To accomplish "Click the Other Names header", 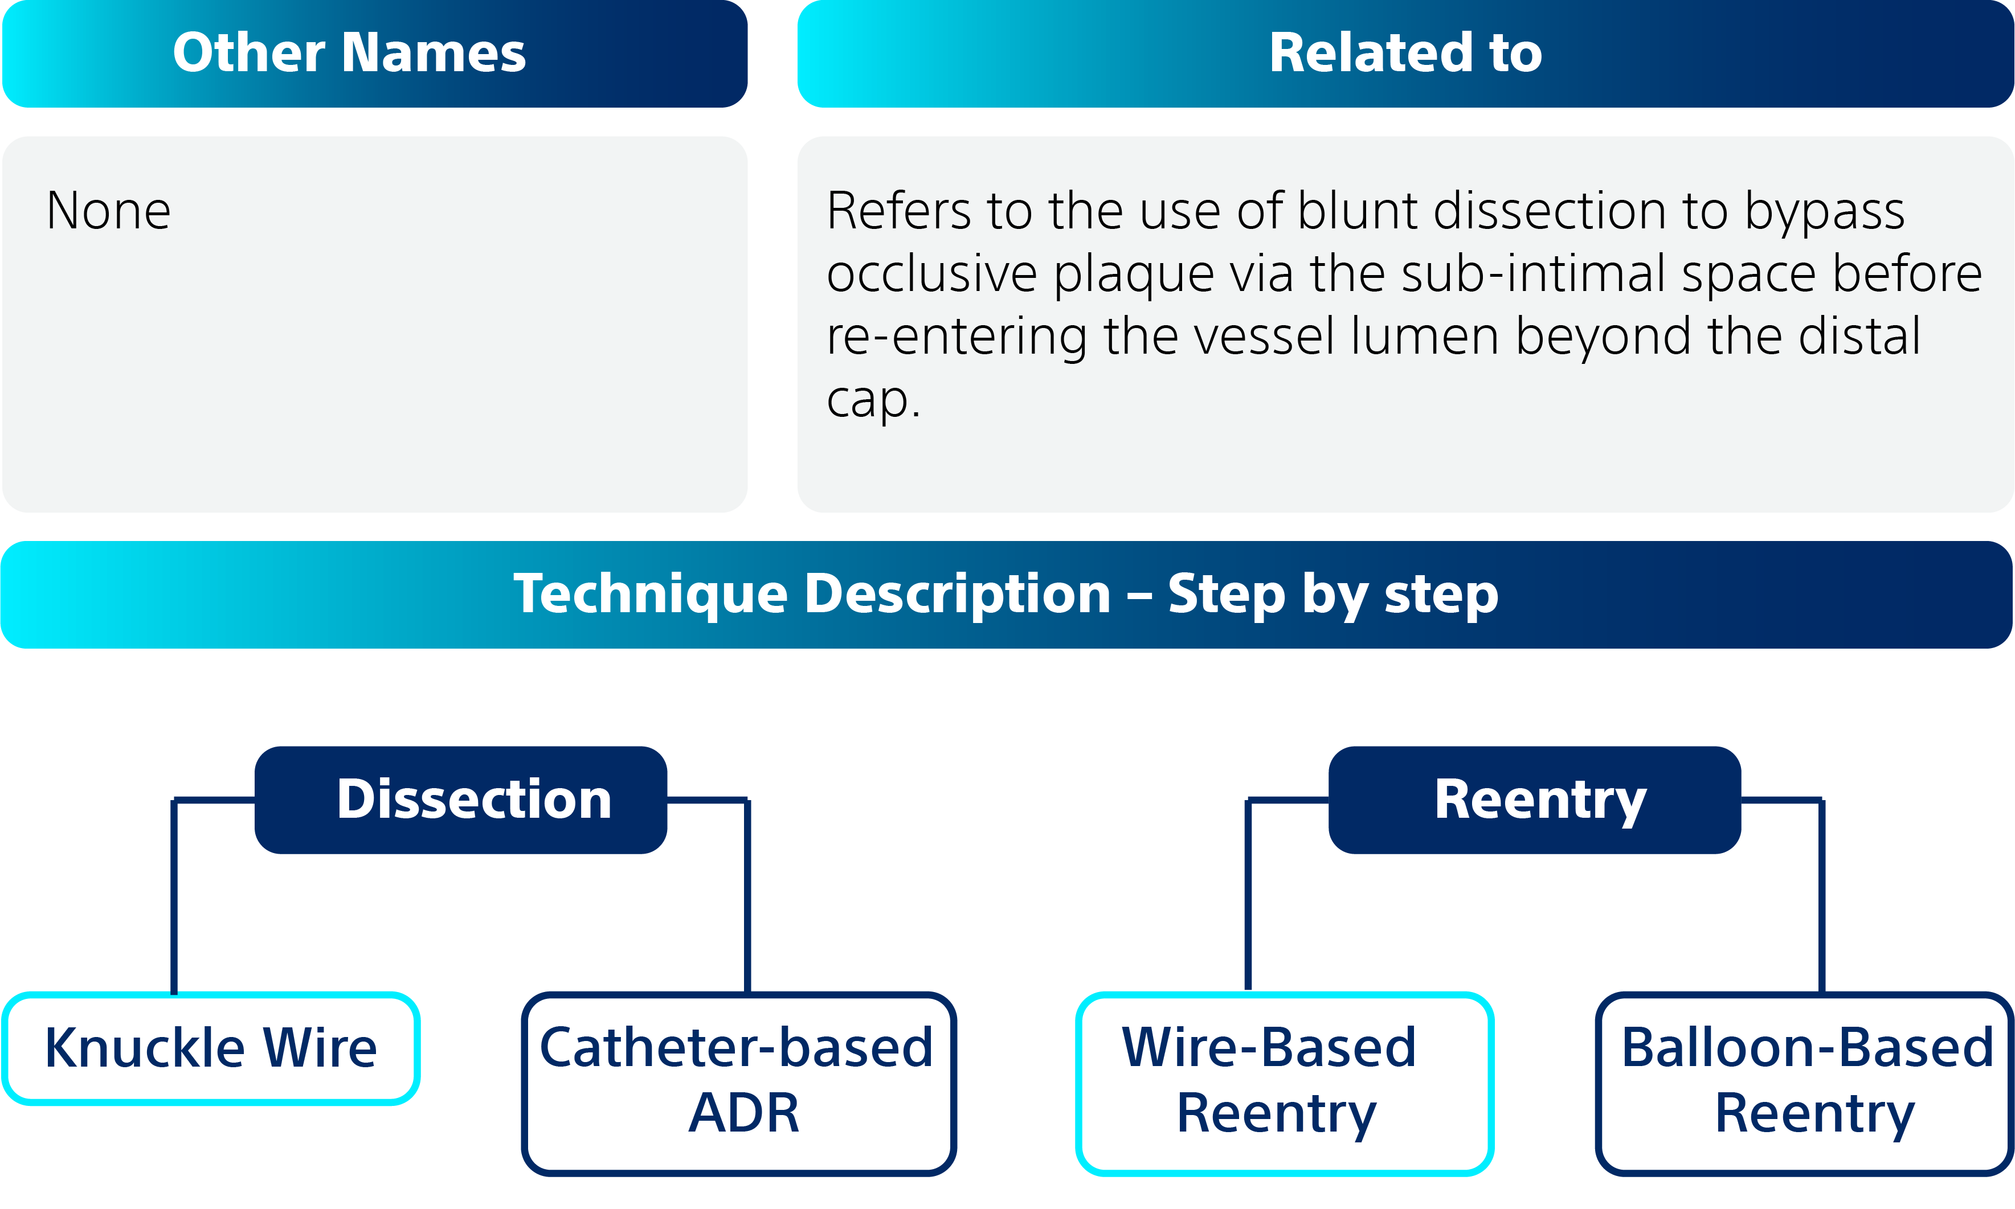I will (x=375, y=53).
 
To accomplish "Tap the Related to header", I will (x=1405, y=53).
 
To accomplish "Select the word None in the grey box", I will (x=108, y=211).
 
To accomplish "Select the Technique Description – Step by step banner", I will (x=1006, y=594).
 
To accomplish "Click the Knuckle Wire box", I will (x=211, y=1048).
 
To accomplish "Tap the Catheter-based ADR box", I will (x=738, y=1082).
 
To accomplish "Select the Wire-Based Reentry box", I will (x=1284, y=1082).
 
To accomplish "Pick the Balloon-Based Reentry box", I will (x=1804, y=1082).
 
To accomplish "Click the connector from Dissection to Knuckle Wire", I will (x=174, y=896).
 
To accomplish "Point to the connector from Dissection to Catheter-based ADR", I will (x=747, y=896).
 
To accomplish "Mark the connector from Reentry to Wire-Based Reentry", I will (x=1248, y=896).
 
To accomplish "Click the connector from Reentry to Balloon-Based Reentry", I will (x=1822, y=896).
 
